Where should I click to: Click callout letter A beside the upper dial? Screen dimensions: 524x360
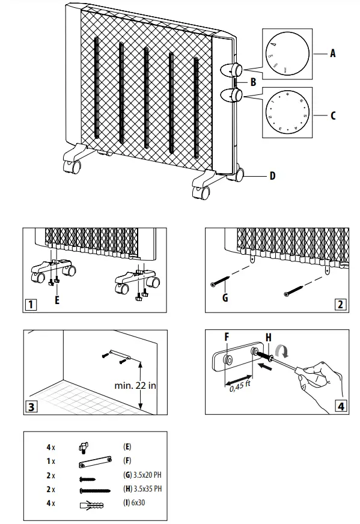click(332, 53)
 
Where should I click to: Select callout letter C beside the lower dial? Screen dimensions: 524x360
click(332, 114)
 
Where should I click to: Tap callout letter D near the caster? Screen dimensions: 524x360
click(272, 176)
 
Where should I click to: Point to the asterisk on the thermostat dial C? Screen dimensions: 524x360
click(287, 94)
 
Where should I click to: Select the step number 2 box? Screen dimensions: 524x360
click(341, 303)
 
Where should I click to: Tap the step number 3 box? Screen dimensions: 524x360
click(30, 406)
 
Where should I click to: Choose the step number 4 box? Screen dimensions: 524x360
click(341, 406)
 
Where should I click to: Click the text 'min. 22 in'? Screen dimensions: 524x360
click(135, 385)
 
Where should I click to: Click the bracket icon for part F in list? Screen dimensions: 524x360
click(95, 462)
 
